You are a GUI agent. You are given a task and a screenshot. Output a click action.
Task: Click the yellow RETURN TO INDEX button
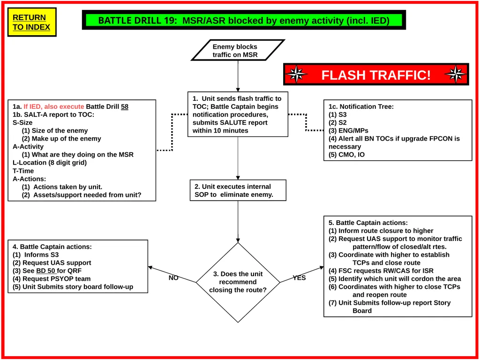32,22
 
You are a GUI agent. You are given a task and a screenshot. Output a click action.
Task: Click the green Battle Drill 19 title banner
244,20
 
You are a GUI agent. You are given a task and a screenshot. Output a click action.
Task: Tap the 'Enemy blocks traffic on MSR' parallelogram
238,50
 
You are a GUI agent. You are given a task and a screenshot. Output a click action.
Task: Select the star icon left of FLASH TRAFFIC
296,75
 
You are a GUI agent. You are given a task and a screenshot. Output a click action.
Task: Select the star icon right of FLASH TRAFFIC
456,75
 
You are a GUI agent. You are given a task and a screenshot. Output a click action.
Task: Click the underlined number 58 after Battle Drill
125,106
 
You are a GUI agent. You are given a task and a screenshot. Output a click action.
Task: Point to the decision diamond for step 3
238,282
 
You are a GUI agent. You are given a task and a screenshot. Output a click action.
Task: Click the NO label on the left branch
173,277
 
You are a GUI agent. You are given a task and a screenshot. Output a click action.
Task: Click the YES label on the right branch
299,277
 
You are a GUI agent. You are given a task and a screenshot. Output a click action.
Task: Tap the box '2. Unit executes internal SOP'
238,190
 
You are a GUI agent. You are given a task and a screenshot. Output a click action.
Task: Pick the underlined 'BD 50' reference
46,270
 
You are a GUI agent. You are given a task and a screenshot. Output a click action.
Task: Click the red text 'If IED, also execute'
53,106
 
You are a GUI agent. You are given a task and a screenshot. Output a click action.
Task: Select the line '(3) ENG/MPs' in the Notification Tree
348,130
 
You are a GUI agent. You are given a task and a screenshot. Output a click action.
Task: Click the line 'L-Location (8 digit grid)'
50,163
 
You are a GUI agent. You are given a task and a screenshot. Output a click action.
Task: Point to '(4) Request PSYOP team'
52,278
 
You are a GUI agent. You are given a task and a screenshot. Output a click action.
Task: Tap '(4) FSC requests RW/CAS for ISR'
381,270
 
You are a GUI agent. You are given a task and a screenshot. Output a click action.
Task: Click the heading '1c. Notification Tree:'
361,106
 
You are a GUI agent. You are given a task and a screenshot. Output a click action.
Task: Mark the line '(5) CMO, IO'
346,155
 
